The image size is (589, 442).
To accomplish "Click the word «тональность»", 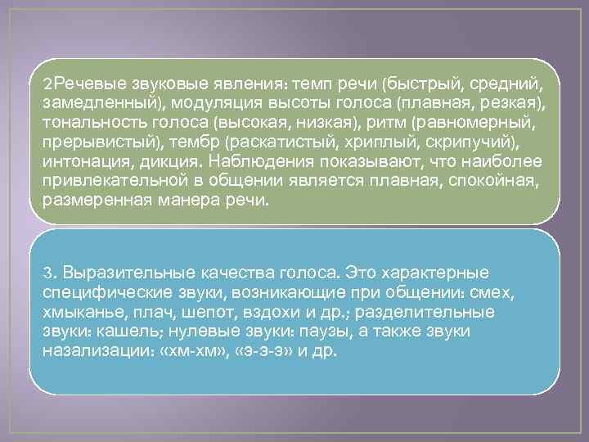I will coord(90,121).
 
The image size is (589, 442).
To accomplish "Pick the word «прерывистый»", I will coord(92,140).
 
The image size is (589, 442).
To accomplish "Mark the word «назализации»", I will coord(93,350).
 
